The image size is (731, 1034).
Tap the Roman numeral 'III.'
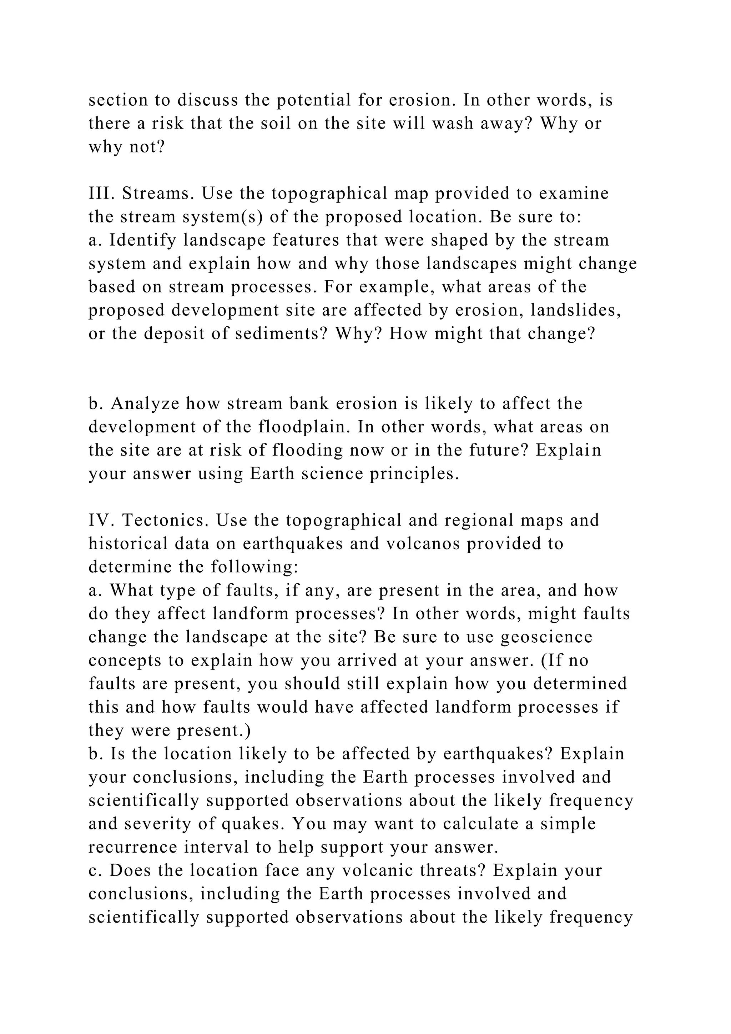click(x=103, y=193)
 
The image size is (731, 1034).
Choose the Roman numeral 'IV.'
click(x=102, y=520)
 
